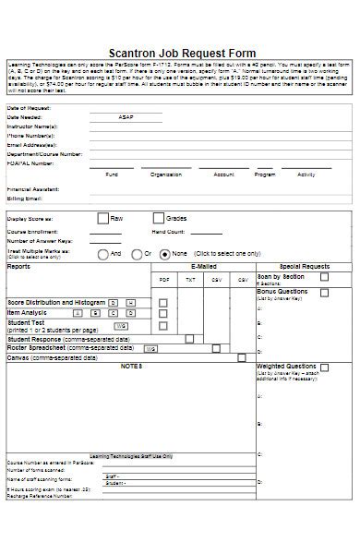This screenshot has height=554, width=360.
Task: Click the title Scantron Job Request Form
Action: tap(182, 53)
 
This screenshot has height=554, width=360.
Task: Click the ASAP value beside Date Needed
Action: tap(126, 118)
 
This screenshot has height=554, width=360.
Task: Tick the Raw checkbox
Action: tap(102, 218)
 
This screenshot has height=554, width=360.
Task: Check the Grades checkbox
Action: tap(158, 218)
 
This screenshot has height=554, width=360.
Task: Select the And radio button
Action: tap(102, 253)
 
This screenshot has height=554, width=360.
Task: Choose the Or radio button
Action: tap(134, 253)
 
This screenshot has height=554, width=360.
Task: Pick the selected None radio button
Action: tap(164, 253)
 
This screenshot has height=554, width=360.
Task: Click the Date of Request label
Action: tap(29, 109)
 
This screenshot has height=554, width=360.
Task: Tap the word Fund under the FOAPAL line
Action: tap(112, 174)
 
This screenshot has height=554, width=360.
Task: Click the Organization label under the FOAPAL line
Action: tap(165, 174)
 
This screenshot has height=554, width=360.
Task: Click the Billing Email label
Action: tap(25, 199)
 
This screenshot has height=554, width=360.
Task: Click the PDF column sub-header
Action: tap(164, 279)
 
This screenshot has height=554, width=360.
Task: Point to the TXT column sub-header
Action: tap(190, 279)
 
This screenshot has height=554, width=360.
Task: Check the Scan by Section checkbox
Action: tap(324, 276)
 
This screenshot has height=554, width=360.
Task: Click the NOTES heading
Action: tap(131, 367)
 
